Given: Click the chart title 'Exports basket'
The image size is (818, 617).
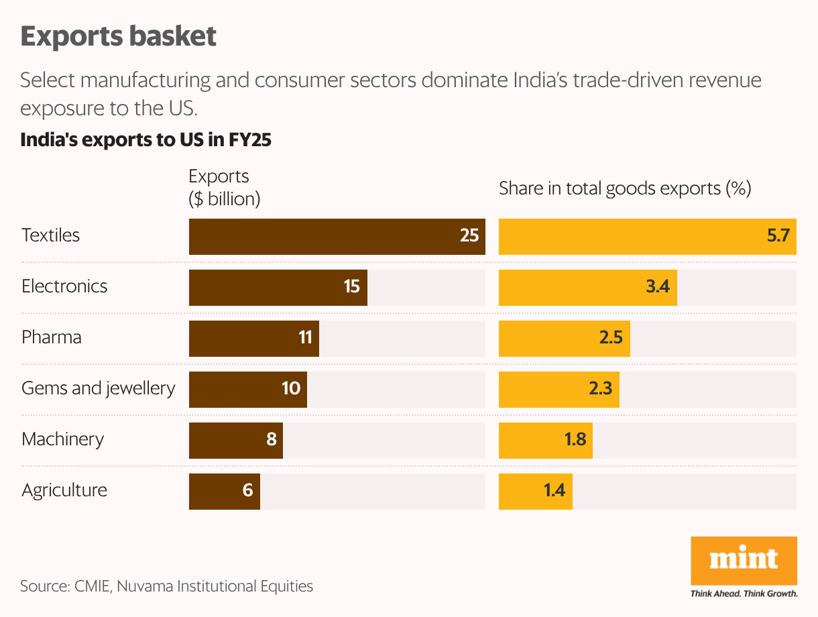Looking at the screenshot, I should click(x=119, y=36).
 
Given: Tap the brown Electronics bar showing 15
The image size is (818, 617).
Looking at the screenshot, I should click(x=278, y=287).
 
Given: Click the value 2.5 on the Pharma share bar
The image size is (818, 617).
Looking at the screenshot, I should click(x=611, y=338).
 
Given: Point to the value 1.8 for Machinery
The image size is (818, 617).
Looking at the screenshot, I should click(x=575, y=440).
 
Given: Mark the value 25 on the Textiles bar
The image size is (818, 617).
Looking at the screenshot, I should click(x=469, y=236).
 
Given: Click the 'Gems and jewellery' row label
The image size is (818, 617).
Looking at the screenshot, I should click(x=99, y=388).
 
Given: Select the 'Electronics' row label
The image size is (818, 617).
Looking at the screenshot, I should click(x=64, y=286).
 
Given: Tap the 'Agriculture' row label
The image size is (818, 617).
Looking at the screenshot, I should click(x=64, y=490).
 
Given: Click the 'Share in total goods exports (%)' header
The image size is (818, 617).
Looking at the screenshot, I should click(x=624, y=188).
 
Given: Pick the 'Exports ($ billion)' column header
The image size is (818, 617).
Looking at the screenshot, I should click(x=225, y=188).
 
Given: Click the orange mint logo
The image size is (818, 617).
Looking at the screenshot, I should click(x=744, y=560).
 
